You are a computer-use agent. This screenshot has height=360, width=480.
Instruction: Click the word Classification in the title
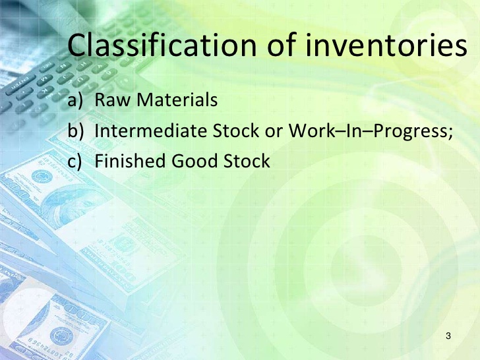(x=162, y=45)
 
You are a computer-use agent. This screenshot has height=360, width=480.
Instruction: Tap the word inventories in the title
(x=386, y=45)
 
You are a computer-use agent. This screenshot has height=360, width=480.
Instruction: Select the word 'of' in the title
(x=282, y=45)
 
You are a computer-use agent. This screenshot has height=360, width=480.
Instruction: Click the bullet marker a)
(x=75, y=100)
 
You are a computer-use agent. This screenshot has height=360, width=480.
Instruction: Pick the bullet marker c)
(x=75, y=161)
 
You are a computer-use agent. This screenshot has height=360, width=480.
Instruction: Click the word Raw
(x=112, y=100)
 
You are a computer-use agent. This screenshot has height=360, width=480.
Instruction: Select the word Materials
(x=177, y=99)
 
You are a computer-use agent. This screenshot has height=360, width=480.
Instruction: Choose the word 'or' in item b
(x=274, y=133)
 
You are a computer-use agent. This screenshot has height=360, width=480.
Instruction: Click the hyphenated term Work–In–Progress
(x=369, y=131)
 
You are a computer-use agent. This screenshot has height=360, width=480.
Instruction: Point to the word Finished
(x=130, y=161)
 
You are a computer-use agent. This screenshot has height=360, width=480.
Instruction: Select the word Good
(x=195, y=161)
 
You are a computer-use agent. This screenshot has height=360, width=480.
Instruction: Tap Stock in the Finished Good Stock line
(x=247, y=161)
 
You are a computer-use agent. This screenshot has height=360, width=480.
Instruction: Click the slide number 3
(x=448, y=336)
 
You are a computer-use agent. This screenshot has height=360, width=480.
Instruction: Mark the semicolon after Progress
(x=450, y=134)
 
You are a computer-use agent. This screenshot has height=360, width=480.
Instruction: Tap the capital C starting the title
(x=76, y=45)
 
